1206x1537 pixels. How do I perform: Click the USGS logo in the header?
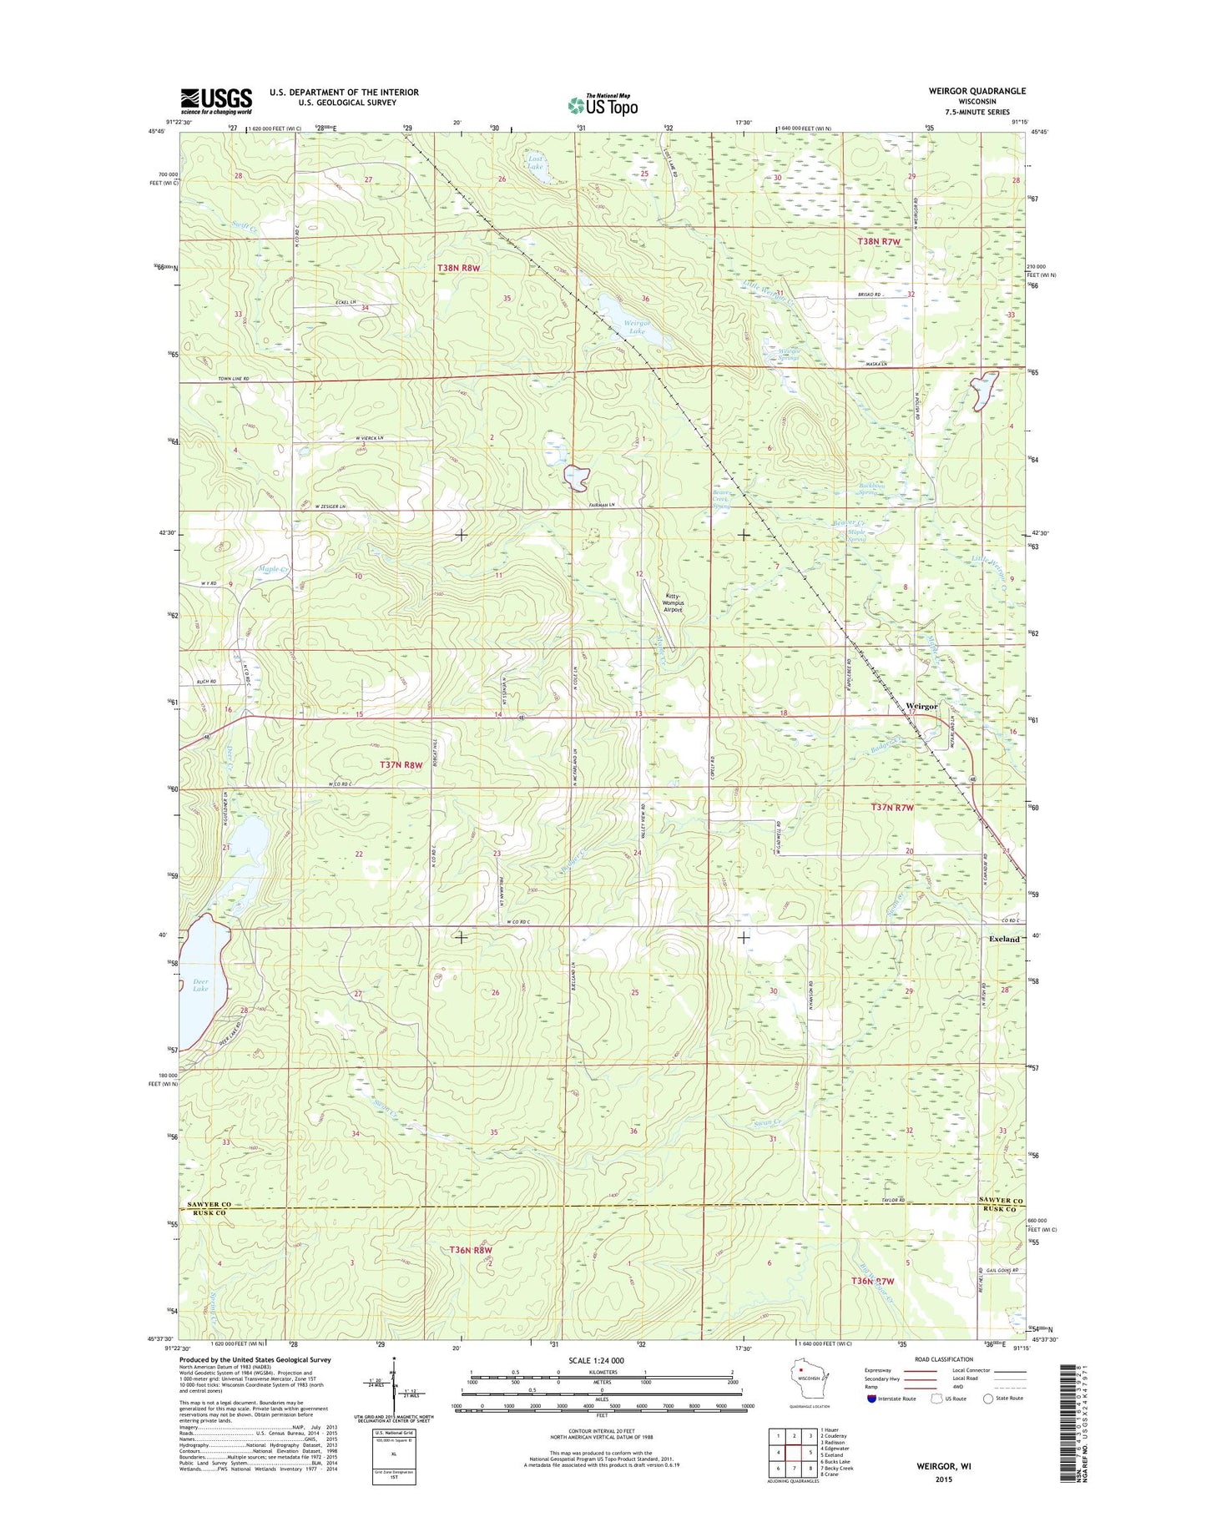(x=216, y=101)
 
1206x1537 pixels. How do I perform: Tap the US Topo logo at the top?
(x=603, y=105)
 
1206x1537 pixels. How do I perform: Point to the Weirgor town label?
(x=921, y=706)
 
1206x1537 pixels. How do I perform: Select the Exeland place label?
(x=1003, y=939)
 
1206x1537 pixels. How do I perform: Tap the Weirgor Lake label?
(x=637, y=327)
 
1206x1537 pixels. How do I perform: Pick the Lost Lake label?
(x=535, y=162)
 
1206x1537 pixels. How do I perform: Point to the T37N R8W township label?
(x=406, y=763)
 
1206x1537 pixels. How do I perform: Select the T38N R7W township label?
(x=880, y=241)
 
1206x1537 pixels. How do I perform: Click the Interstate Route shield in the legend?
(x=872, y=1398)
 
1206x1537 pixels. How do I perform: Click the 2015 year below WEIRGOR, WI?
(x=943, y=1479)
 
